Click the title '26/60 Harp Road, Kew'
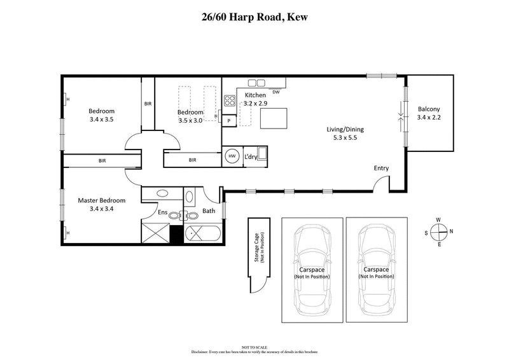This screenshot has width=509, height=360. coord(254,17)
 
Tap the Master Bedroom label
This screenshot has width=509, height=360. coord(102,200)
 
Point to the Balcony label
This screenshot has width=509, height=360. coord(428,108)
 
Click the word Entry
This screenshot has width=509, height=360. coord(381,169)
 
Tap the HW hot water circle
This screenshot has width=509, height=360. coord(232,156)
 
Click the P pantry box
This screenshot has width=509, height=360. coord(228,120)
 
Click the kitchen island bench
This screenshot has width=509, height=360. coord(274,118)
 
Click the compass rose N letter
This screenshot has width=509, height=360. coord(451,231)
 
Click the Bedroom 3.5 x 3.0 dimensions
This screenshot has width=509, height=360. coord(190,120)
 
